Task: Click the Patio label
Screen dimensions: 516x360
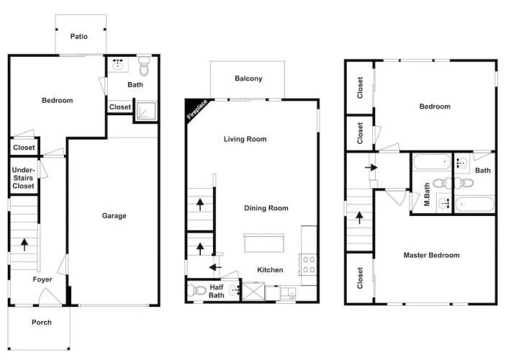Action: (x=79, y=37)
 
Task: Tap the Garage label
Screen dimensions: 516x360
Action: (x=114, y=216)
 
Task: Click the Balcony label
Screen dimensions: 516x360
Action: (x=248, y=78)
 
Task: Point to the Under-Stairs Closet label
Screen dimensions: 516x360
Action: (x=23, y=178)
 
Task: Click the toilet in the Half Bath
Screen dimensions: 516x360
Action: (x=197, y=290)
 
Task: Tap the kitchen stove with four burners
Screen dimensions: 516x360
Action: (x=308, y=265)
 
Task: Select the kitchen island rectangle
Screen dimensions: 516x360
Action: (x=264, y=243)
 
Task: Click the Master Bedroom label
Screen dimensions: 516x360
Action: (x=431, y=256)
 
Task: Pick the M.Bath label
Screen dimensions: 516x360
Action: (x=427, y=194)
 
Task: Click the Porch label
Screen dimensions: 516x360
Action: (x=42, y=323)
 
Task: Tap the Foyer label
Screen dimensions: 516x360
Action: (x=42, y=279)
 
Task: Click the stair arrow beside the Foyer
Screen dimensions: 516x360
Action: (x=24, y=245)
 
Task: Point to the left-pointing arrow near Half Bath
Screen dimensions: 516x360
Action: (x=216, y=267)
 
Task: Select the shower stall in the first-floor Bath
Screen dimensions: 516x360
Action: (x=146, y=110)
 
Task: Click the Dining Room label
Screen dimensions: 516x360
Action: (x=266, y=208)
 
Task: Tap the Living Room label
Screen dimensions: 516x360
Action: (x=245, y=139)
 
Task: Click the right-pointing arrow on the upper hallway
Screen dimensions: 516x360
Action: (x=371, y=168)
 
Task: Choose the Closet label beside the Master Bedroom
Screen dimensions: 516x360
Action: (x=360, y=278)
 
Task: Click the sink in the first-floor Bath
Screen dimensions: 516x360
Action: (x=117, y=65)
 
